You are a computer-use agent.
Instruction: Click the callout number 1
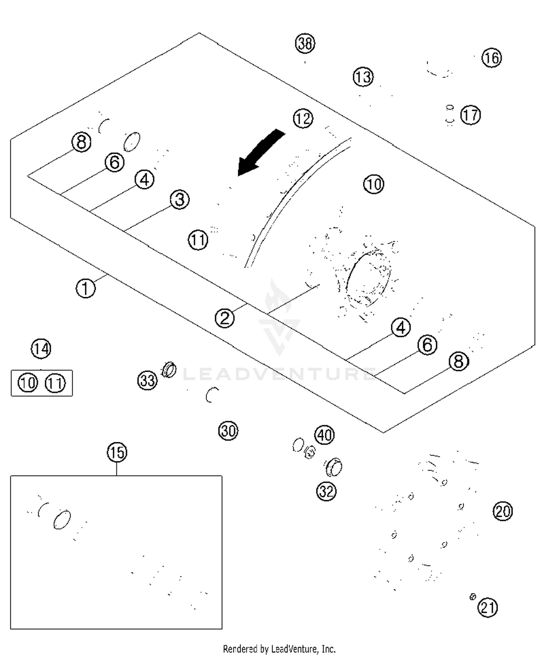click(86, 289)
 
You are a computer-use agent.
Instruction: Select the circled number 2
click(225, 318)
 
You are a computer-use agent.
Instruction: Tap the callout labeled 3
click(180, 200)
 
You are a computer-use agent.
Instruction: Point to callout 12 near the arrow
click(303, 119)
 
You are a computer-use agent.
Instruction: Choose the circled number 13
click(363, 77)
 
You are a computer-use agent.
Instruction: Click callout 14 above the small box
click(41, 349)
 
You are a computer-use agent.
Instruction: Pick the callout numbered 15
click(117, 452)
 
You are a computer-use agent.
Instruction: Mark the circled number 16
click(492, 58)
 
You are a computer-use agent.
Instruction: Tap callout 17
click(470, 115)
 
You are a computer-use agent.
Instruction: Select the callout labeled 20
click(503, 511)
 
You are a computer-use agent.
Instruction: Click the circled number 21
click(488, 608)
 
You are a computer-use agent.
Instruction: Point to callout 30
click(228, 431)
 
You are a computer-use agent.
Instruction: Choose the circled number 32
click(326, 491)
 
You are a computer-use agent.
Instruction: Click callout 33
click(148, 381)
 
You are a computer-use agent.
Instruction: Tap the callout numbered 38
click(305, 43)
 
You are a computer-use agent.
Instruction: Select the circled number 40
click(325, 435)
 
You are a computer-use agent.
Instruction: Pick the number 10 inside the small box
click(28, 383)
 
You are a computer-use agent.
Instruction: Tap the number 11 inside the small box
click(55, 383)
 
